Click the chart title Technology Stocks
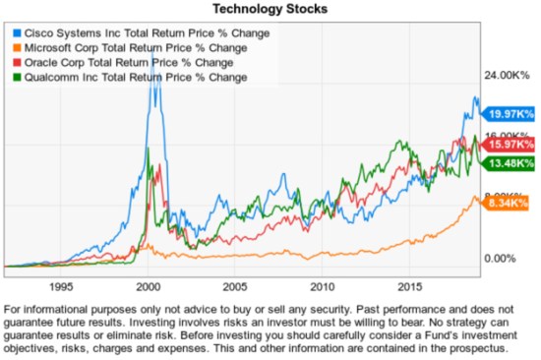270,9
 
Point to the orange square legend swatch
13,47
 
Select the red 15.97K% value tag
511,145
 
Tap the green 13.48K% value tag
511,162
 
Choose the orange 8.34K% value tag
511,203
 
